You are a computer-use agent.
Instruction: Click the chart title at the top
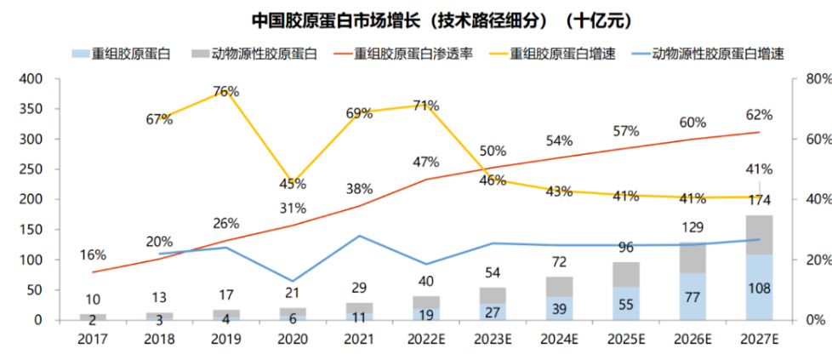coord(417,19)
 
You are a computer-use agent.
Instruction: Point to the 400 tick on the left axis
coord(31,79)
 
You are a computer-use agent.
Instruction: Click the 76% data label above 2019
coord(225,91)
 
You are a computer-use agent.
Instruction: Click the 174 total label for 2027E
coord(759,201)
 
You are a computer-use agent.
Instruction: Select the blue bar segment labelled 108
coord(759,288)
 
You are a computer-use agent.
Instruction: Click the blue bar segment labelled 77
coord(692,297)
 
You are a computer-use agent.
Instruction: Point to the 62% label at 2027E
coord(759,115)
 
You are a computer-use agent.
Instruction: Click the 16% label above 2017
coord(93,254)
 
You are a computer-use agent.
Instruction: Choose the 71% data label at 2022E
coord(425,106)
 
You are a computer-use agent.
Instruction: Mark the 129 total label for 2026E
coord(692,228)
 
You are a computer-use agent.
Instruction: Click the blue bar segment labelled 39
coord(558,308)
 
